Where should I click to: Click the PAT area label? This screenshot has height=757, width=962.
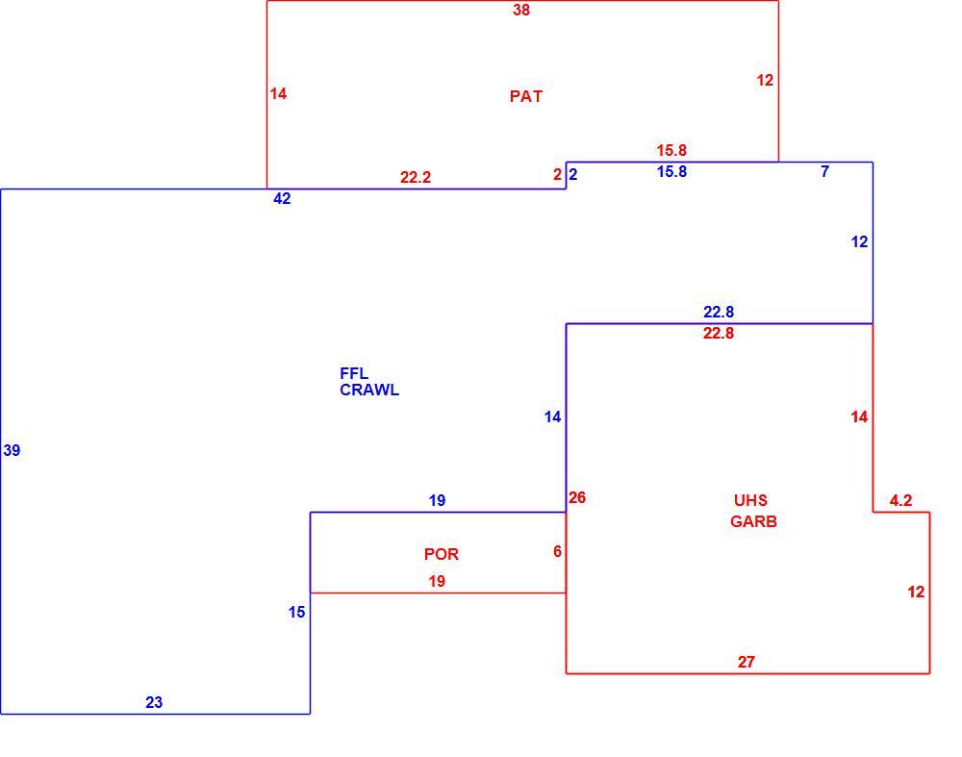(x=526, y=96)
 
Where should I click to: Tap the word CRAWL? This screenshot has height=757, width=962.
(x=369, y=391)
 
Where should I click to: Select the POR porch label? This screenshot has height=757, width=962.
(x=442, y=554)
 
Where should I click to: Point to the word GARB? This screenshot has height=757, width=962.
(x=753, y=521)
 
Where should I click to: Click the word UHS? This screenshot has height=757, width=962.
(x=750, y=500)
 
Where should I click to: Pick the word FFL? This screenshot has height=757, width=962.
(x=354, y=373)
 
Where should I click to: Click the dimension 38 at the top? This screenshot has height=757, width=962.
(x=521, y=10)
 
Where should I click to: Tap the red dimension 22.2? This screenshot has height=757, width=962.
(x=416, y=177)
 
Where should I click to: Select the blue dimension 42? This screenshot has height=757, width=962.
(x=282, y=199)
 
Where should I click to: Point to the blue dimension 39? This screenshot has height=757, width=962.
(x=12, y=451)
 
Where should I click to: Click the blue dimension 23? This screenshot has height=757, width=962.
(x=154, y=702)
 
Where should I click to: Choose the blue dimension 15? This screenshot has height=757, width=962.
(x=297, y=612)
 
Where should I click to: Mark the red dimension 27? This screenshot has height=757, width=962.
(x=747, y=662)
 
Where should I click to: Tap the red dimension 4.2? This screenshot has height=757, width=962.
(x=900, y=500)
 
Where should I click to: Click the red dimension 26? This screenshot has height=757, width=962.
(x=577, y=497)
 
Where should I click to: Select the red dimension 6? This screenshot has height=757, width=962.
(x=557, y=551)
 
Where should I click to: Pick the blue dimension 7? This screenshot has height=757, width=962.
(x=825, y=172)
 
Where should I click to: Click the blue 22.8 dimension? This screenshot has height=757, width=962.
(x=719, y=313)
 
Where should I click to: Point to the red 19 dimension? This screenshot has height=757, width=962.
(x=437, y=582)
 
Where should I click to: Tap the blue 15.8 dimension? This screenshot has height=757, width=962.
(x=671, y=172)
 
